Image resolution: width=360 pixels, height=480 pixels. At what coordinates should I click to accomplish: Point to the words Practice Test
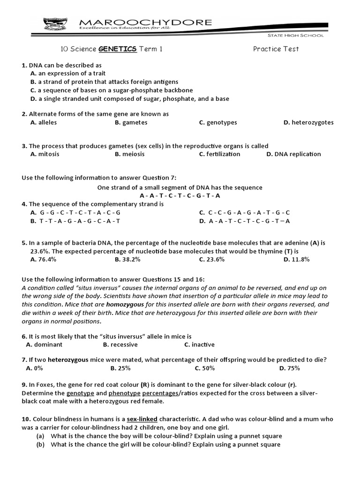pyautogui.click(x=276, y=49)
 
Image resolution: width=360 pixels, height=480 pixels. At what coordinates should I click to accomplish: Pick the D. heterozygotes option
pyautogui.click(x=308, y=122)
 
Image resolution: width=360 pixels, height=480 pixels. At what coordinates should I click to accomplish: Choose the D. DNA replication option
pyautogui.click(x=293, y=154)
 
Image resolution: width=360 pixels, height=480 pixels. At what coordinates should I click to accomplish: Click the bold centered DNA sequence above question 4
pyautogui.click(x=180, y=195)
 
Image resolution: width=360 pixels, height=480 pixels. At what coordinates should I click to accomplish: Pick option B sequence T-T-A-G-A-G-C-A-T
pyautogui.click(x=75, y=221)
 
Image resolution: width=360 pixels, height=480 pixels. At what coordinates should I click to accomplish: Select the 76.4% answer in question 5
pyautogui.click(x=43, y=259)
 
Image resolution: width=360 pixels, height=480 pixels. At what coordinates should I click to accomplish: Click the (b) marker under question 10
pyautogui.click(x=41, y=444)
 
